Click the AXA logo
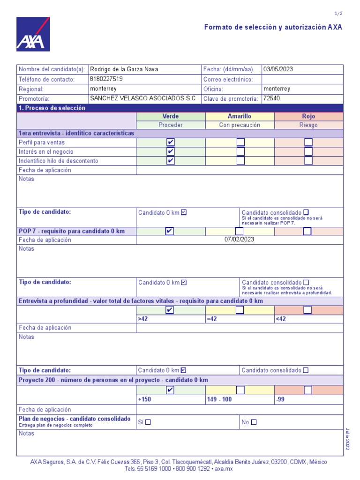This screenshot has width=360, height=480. pyautogui.click(x=33, y=34)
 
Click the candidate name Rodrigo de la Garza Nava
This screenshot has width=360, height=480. pyautogui.click(x=124, y=69)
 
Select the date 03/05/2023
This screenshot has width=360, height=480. pyautogui.click(x=278, y=69)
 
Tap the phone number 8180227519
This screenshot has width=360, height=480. pyautogui.click(x=106, y=79)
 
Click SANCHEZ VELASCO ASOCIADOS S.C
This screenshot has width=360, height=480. pyautogui.click(x=143, y=98)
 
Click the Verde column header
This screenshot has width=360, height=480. pyautogui.click(x=171, y=116)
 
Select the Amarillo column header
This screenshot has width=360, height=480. pyautogui.click(x=240, y=116)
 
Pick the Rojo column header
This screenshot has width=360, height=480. pyautogui.click(x=308, y=116)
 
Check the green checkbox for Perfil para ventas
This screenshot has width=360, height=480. pyautogui.click(x=171, y=142)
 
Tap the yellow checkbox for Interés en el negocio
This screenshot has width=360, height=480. pyautogui.click(x=240, y=152)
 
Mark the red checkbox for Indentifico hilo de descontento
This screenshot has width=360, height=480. pyautogui.click(x=308, y=161)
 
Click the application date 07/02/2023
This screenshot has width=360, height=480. pyautogui.click(x=240, y=240)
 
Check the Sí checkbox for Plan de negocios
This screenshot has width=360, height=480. pyautogui.click(x=148, y=422)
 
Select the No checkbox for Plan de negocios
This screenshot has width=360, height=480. pyautogui.click(x=254, y=422)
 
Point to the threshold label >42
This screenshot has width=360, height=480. pyautogui.click(x=142, y=319)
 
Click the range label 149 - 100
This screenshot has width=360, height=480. pyautogui.click(x=219, y=400)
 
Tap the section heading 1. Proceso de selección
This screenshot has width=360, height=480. pyautogui.click(x=52, y=108)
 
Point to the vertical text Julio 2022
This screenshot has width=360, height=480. pyautogui.click(x=347, y=439)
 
